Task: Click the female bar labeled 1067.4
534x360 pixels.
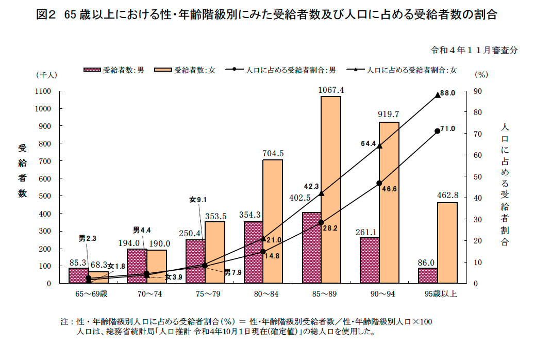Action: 331,189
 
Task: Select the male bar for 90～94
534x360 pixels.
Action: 370,260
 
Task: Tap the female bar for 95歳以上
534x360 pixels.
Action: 447,242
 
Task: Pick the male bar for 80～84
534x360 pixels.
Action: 254,252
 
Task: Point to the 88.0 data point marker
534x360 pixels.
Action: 438,95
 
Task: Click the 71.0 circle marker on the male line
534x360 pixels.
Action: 438,131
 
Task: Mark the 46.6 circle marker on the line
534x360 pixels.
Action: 379,183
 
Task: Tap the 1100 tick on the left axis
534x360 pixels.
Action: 43,91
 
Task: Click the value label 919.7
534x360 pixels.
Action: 389,114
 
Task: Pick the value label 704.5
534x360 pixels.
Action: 273,153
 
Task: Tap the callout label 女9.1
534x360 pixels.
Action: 198,200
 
